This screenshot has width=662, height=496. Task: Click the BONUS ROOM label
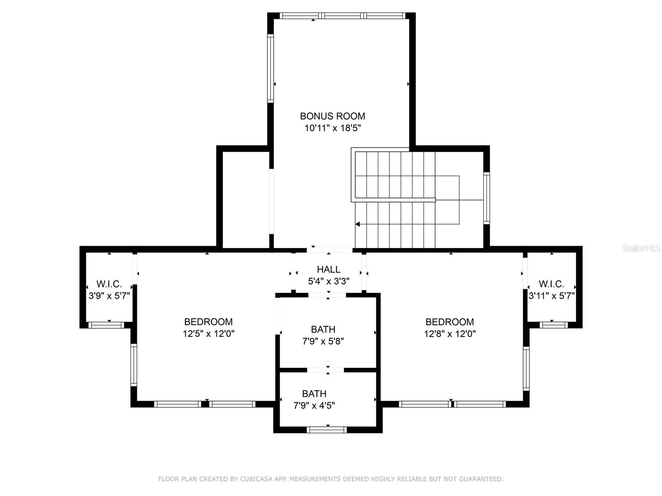tap(332, 116)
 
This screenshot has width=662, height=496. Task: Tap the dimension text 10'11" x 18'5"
tap(332, 128)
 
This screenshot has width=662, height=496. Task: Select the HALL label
tap(329, 269)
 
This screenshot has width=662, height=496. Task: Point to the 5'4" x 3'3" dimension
tap(329, 281)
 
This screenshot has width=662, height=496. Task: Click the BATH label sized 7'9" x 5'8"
tap(323, 329)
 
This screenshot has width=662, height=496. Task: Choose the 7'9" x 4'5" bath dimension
tap(314, 406)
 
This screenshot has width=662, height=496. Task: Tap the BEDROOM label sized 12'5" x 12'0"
tap(208, 322)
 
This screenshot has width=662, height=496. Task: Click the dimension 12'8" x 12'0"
tap(450, 334)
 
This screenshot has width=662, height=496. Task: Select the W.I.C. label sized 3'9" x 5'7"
tap(109, 284)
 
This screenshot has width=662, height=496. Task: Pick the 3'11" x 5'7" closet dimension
tap(552, 296)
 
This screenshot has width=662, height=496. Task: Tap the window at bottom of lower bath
tap(326, 430)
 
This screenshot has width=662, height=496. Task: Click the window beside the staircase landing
tap(487, 198)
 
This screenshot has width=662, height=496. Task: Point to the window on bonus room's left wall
tap(270, 68)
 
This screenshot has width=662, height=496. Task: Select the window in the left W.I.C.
tap(107, 325)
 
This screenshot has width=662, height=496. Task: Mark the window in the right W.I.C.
tap(554, 325)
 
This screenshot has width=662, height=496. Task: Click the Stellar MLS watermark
tap(641, 248)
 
